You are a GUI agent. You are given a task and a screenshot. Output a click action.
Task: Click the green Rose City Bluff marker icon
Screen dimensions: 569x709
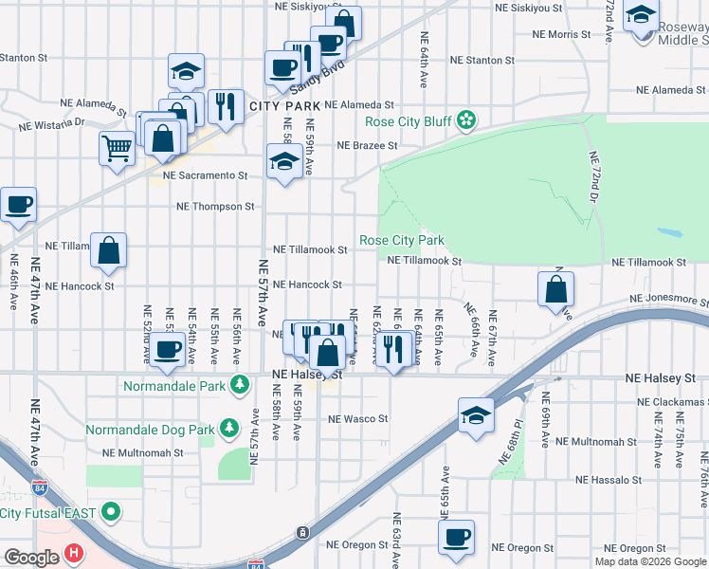coord(465,119)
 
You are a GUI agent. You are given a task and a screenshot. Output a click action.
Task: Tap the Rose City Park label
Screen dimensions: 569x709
coord(402,241)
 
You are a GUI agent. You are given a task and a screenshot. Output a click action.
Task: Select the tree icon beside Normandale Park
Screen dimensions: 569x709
coord(241,385)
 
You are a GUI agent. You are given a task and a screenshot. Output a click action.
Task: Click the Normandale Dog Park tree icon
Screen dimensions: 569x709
coord(228,429)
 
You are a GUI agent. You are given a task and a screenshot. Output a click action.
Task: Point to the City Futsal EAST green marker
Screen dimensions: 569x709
coord(111,513)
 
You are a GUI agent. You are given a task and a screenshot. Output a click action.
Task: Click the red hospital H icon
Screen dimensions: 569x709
coord(75,553)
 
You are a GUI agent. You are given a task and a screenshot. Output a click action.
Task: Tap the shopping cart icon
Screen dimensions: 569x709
coord(117,147)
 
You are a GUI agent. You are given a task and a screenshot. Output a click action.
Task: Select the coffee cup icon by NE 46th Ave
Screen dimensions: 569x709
coord(18,204)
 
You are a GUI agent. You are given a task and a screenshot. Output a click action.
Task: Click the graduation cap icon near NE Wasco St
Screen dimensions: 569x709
coord(476,415)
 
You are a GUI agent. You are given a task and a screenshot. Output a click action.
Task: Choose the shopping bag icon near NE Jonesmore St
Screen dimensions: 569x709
coord(555,289)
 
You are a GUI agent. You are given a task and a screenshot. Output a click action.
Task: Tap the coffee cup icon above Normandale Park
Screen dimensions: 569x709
coord(168,349)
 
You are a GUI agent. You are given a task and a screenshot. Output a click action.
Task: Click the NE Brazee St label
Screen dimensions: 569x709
coord(367,146)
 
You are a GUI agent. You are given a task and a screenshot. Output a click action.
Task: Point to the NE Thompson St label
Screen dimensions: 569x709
coord(216,206)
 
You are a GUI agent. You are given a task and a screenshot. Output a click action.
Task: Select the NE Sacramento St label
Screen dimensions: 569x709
coord(205,175)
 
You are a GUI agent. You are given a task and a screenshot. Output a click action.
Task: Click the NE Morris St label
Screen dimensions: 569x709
coord(561,34)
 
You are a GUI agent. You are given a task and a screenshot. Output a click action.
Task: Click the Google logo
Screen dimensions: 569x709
coord(31,557)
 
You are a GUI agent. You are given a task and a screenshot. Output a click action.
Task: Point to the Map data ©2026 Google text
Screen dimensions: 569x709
coord(650,561)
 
